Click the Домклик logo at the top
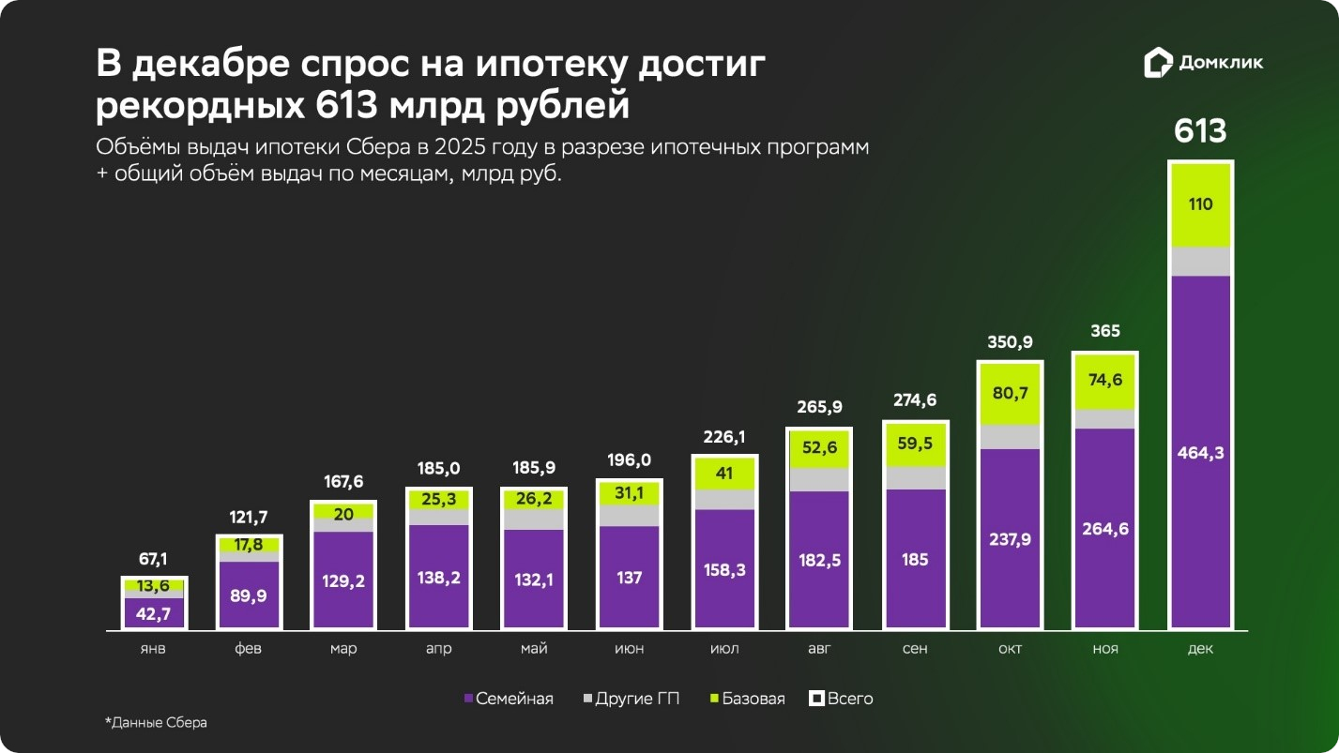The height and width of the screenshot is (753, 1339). (x=1204, y=64)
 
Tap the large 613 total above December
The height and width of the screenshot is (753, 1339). (x=1200, y=131)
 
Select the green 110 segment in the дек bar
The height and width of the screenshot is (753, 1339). (x=1200, y=205)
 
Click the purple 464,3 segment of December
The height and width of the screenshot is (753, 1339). (x=1200, y=452)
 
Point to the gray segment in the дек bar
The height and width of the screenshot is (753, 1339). (x=1200, y=262)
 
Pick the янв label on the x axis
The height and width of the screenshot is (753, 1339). (x=153, y=649)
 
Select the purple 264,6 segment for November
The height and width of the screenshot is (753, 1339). (x=1105, y=528)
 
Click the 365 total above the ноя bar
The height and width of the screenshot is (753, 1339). (x=1105, y=331)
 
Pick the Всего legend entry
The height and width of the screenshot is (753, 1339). (x=842, y=699)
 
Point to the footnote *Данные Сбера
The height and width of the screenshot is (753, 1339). (x=156, y=723)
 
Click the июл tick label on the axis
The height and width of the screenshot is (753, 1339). (x=723, y=649)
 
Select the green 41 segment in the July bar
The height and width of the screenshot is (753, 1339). (x=723, y=474)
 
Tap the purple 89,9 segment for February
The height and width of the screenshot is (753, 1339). (x=249, y=594)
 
